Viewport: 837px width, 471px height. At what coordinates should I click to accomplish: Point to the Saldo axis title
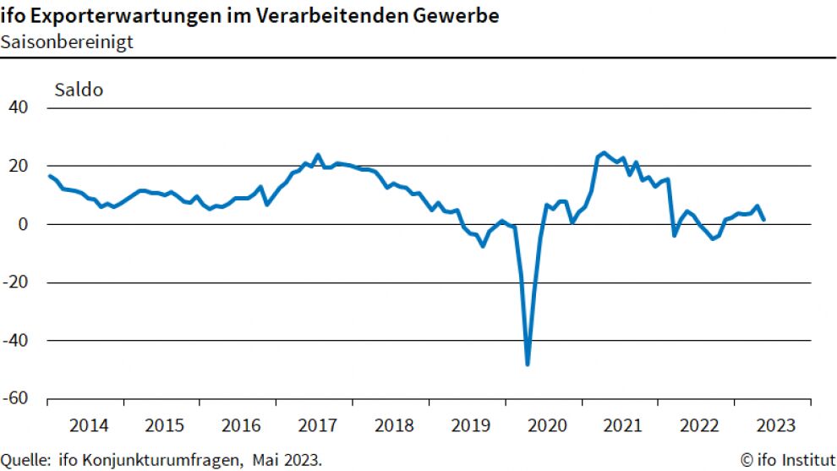79,90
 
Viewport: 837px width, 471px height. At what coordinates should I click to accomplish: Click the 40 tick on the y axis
19,107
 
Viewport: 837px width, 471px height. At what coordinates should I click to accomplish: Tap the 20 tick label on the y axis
19,166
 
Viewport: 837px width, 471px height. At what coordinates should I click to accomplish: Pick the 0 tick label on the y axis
25,224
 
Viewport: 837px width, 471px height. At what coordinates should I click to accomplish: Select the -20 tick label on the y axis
16,282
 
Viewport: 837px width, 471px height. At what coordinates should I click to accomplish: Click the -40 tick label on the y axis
16,341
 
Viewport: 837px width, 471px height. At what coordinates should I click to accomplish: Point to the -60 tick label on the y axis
16,399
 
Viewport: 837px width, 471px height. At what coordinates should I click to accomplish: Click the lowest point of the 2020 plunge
528,364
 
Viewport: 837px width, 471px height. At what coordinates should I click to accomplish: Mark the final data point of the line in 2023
763,220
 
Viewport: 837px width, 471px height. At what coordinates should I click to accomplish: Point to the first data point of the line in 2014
50,176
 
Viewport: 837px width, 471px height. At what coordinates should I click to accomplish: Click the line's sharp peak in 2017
318,155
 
